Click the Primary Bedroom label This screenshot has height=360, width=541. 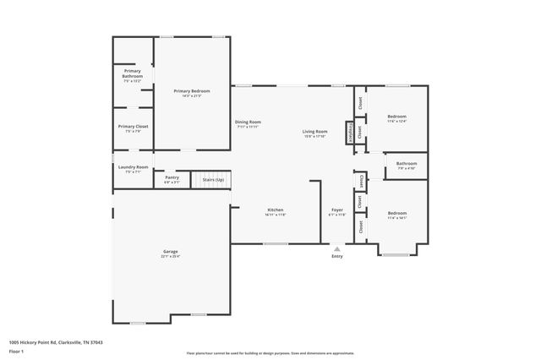192,90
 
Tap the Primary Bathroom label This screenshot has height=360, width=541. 133,73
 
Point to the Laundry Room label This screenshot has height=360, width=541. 133,166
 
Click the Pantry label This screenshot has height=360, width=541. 172,177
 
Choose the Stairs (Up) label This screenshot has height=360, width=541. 213,180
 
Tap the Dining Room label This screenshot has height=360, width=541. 248,122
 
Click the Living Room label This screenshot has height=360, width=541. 315,132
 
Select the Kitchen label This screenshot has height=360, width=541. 276,210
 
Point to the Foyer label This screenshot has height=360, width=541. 337,210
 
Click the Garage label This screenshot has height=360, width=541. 171,251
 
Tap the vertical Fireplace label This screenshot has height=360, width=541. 348,133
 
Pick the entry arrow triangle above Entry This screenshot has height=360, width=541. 337,248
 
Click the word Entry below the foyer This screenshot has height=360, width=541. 337,257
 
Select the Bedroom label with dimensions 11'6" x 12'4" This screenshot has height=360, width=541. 397,116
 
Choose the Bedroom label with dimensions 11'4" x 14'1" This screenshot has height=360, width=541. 397,213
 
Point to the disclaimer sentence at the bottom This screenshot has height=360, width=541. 270,352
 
